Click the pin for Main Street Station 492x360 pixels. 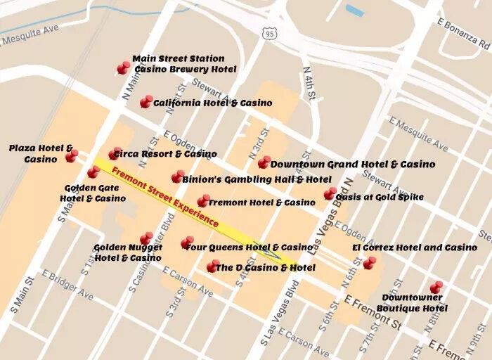tap(124, 67)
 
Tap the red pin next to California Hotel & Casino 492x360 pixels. tap(145, 102)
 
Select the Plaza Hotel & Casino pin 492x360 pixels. tap(72, 156)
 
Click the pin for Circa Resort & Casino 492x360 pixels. tap(115, 153)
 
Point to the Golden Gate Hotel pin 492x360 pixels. tap(93, 172)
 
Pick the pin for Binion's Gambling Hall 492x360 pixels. tap(177, 176)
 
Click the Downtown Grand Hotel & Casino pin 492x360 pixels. tap(264, 162)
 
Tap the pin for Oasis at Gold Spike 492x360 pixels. tap(330, 194)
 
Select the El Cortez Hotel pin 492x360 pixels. tap(369, 263)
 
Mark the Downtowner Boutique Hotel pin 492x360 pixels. tap(436, 287)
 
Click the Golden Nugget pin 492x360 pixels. tap(146, 238)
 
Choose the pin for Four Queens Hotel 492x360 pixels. tap(187, 243)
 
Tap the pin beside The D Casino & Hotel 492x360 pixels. tap(212, 266)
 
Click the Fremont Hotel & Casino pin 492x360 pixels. tap(203, 201)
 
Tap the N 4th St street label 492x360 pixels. tap(307, 82)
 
